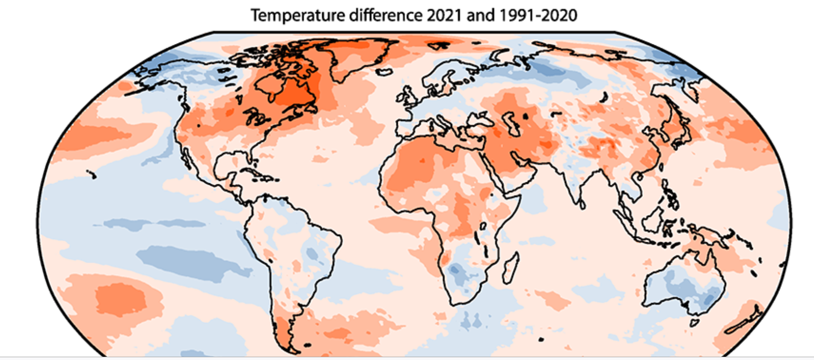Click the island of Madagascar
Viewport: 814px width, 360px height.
tap(511, 267)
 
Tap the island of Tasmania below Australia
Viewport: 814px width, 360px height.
tap(694, 323)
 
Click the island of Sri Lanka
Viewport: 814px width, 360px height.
tap(582, 204)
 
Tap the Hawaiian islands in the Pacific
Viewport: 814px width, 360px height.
tap(91, 174)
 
